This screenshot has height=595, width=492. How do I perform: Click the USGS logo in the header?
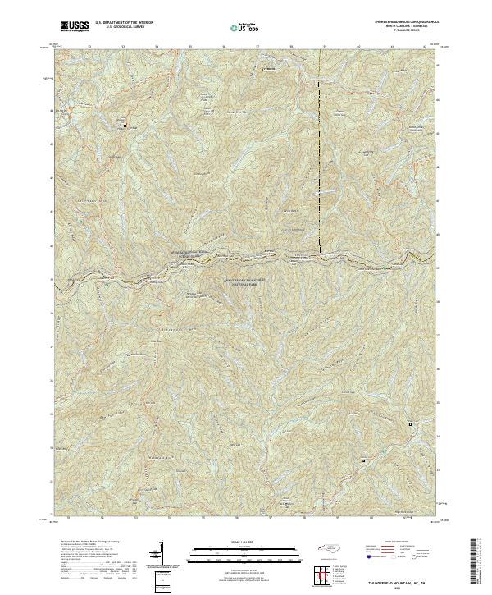tap(75, 26)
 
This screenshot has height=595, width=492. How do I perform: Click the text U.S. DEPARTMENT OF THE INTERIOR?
tap(124, 23)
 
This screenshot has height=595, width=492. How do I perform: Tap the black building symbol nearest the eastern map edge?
tap(410, 424)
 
